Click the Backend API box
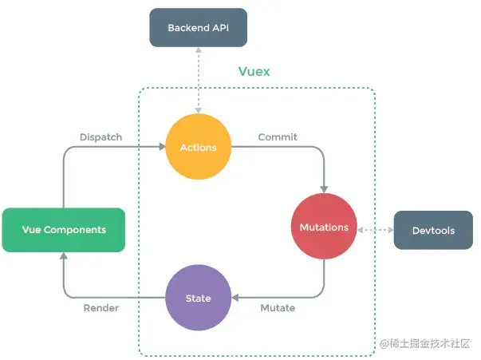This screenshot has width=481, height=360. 197,28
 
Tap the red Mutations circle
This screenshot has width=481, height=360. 323,227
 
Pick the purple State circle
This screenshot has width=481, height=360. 198,298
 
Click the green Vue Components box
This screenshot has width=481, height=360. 64,230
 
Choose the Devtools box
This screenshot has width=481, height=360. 433,231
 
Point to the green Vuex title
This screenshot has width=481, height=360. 254,72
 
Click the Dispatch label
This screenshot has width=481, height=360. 101,137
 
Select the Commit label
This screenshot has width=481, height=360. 277,137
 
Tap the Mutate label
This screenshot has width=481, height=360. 278,308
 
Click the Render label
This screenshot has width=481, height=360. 101,308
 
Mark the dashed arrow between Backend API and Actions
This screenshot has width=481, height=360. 197,80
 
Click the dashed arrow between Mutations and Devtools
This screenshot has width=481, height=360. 375,230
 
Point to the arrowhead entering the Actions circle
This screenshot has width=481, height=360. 161,147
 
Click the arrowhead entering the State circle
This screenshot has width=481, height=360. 235,298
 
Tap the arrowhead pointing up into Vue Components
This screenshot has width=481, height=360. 63,256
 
